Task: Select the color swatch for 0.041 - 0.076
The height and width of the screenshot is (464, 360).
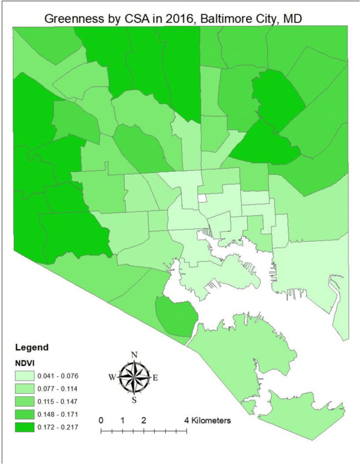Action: [25, 376]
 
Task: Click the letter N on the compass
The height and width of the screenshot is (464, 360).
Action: [134, 355]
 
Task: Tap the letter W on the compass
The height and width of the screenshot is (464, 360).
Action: [113, 378]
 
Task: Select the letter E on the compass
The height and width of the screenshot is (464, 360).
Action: [155, 378]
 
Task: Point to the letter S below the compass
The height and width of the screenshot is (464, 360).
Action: [134, 400]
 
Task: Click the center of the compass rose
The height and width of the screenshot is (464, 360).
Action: [134, 376]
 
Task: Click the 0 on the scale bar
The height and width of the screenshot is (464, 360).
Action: [101, 420]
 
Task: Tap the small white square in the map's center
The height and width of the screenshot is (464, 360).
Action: [203, 198]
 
